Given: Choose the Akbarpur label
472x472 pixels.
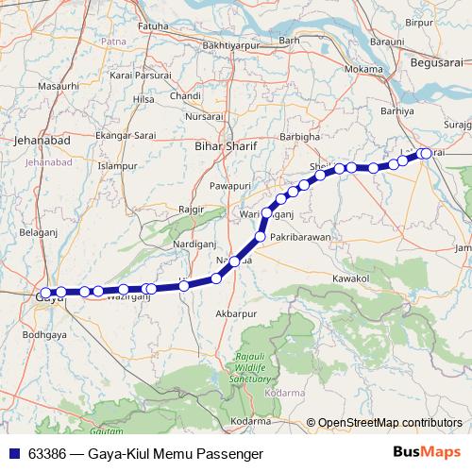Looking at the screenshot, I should coord(236,312).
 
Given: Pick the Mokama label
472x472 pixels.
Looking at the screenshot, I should coord(363,69).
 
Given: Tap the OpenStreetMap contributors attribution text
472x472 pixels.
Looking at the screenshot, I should coord(390,422).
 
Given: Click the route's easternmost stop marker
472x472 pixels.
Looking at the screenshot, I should coord(426,153).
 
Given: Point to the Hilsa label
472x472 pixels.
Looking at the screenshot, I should coord(143,98).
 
